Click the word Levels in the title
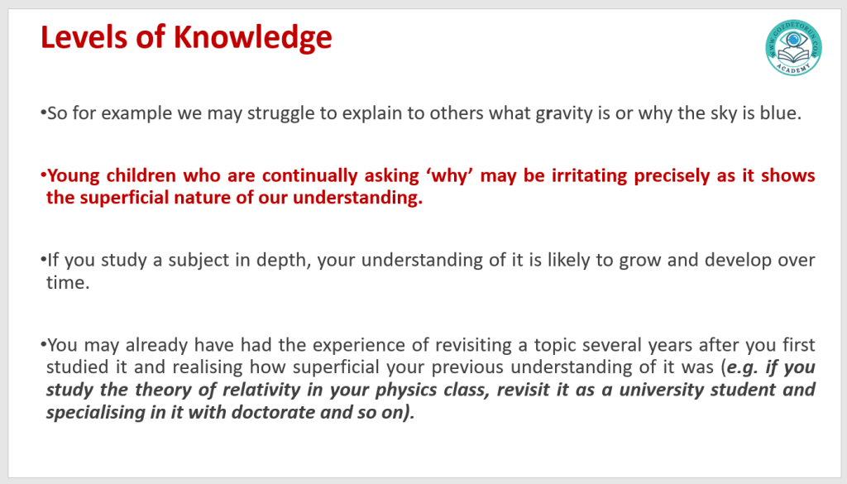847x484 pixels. point(84,37)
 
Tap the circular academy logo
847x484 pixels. point(793,47)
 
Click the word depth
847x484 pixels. point(284,261)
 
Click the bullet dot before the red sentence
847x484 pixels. point(43,175)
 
